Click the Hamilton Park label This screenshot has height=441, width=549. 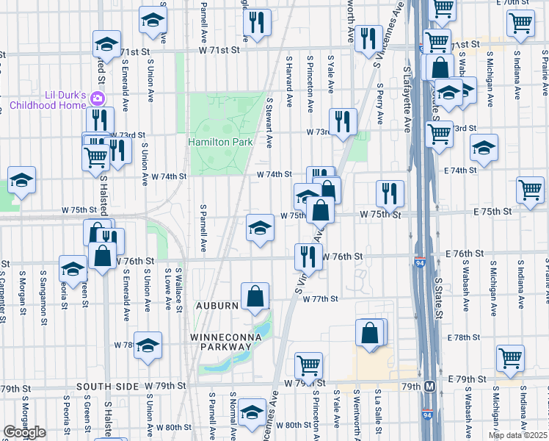click(x=220, y=141)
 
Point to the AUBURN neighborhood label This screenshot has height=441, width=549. click(x=217, y=305)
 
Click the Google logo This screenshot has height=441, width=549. click(x=24, y=432)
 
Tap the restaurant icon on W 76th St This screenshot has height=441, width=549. click(x=308, y=256)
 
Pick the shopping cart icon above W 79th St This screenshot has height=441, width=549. click(x=308, y=365)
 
